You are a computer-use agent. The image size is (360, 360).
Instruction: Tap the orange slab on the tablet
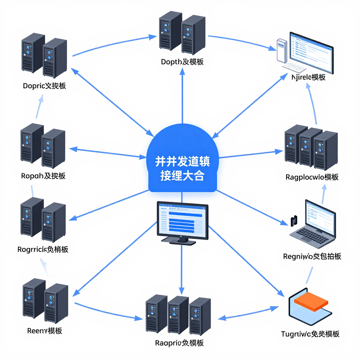[310, 301]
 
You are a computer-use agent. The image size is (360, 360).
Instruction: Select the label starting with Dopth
[182, 62]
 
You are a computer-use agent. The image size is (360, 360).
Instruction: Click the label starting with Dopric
[44, 86]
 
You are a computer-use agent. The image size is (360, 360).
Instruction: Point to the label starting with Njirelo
[308, 77]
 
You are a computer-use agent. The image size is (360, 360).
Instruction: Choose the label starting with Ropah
[43, 176]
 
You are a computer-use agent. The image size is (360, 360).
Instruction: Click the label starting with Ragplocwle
[312, 177]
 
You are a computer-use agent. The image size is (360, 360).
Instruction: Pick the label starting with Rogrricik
[43, 250]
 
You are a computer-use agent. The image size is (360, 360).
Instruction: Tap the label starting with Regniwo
[312, 256]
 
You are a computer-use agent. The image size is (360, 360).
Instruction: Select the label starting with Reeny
[45, 330]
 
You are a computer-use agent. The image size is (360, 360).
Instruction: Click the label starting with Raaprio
[179, 343]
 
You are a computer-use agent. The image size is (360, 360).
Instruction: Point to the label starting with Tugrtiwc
[310, 334]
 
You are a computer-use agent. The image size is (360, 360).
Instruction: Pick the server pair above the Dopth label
[182, 32]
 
